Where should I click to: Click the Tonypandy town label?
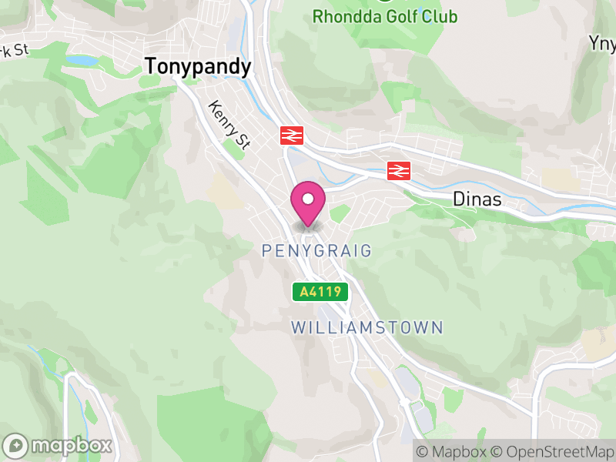tap(198, 68)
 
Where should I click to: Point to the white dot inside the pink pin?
tap(308, 199)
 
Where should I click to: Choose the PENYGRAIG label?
tap(316, 251)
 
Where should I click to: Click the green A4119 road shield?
tap(320, 292)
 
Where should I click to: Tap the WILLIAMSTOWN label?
tap(367, 328)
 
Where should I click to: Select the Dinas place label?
tap(477, 199)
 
